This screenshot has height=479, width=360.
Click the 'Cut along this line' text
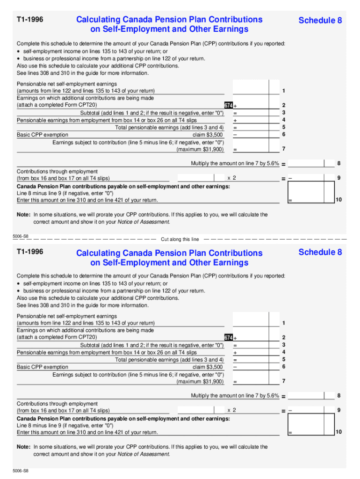180,239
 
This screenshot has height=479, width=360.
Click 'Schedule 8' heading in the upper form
320,20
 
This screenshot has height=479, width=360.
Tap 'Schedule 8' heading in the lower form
320,252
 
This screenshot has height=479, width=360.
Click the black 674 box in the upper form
229,105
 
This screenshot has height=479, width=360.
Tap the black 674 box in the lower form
229,337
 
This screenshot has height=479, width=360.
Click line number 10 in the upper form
338,200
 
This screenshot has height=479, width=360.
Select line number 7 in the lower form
284,381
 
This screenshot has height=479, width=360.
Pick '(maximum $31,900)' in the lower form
200,381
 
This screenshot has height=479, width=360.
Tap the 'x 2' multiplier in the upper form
231,178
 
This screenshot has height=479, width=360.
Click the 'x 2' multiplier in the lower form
231,410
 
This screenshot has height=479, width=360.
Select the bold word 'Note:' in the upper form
23,215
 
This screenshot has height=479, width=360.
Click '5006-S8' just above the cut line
21,237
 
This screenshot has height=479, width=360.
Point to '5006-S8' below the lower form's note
21,469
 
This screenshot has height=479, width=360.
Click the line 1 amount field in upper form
250,87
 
